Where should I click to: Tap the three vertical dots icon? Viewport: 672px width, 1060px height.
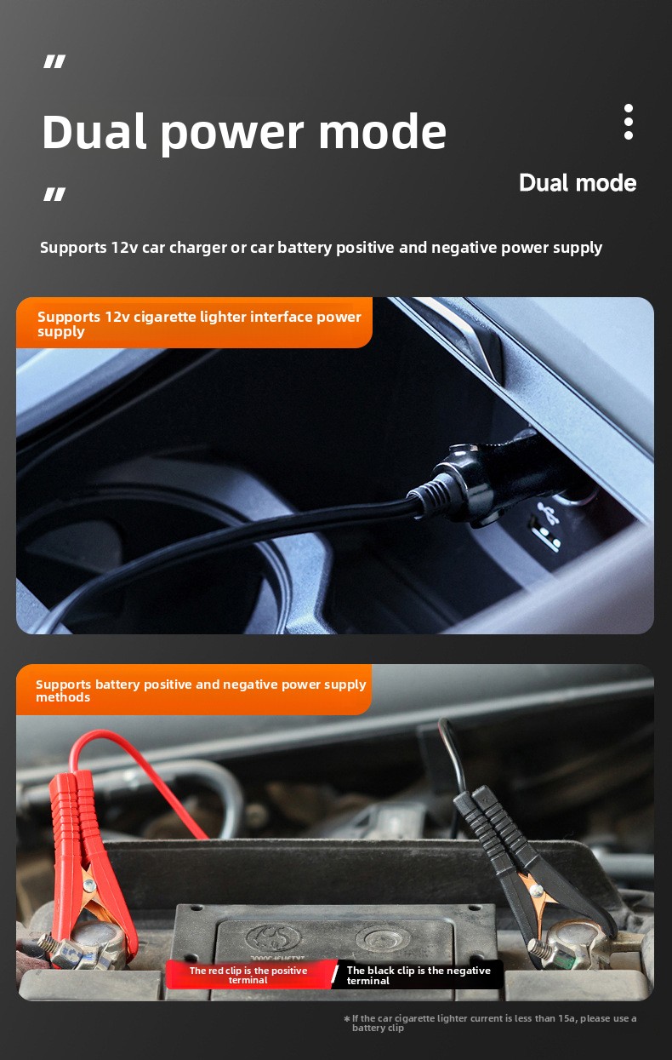[x=629, y=122]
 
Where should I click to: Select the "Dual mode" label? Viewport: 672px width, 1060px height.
[x=578, y=183]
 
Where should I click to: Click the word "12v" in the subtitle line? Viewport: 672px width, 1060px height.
[x=124, y=248]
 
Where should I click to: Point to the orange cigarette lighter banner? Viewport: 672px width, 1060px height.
[x=194, y=323]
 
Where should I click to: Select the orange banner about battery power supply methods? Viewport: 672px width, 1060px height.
[x=194, y=690]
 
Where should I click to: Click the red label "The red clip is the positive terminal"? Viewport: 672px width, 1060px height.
[x=249, y=975]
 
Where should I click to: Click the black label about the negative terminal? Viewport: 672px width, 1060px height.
[x=418, y=975]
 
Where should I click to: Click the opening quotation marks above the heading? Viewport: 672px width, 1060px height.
[x=54, y=61]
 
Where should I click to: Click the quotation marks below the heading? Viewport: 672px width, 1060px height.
[x=54, y=194]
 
